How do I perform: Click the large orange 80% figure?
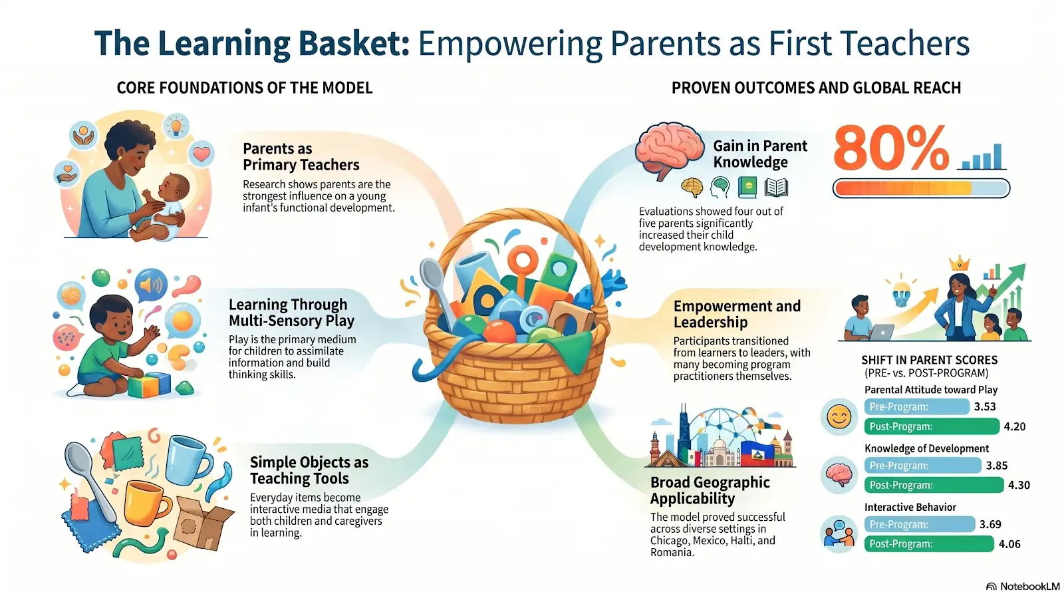[890, 148]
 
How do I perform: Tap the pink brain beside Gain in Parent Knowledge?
[669, 149]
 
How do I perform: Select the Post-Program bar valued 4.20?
[932, 426]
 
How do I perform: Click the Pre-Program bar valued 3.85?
[922, 465]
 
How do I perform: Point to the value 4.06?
[1009, 544]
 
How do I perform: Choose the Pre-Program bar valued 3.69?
[920, 524]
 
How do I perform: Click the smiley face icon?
[839, 417]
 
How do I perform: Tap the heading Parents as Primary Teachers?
[301, 156]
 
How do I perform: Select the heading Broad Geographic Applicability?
[710, 490]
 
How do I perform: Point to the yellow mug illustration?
[146, 503]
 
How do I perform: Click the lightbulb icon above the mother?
[176, 126]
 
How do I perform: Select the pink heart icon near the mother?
[201, 154]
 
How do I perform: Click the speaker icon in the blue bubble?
[151, 285]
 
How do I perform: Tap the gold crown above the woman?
[959, 263]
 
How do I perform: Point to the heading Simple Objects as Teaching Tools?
[309, 470]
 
